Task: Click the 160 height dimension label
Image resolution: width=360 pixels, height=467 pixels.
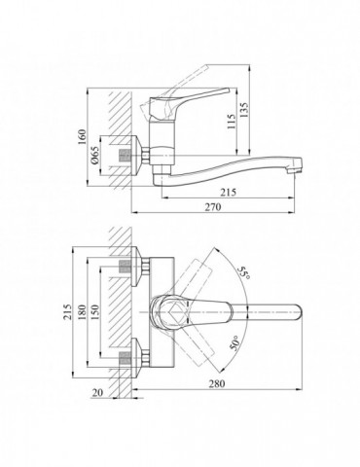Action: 82,137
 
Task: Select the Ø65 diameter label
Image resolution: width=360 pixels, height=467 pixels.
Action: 94,155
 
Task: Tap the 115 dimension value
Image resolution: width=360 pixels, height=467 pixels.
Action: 232,122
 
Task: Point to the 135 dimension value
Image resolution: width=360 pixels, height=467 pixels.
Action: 244,110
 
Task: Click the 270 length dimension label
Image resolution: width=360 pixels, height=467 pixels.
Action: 213,207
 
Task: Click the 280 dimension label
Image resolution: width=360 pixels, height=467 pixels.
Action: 216,383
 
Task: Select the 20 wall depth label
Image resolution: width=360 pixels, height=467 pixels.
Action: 97,392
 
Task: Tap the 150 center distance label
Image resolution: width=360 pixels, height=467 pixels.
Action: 94,312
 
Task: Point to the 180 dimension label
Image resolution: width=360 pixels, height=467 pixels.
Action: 82,312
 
